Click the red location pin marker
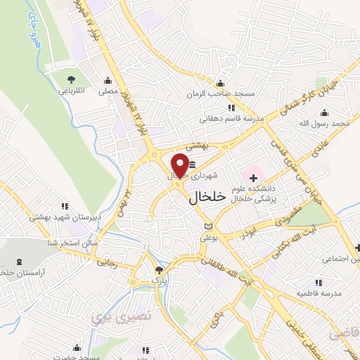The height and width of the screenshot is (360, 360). point(180,166)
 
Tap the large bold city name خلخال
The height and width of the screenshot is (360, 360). point(208,198)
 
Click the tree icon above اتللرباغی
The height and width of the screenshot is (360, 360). point(71,78)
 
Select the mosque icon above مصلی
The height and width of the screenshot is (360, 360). point(108,79)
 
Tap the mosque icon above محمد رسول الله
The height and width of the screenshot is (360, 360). point(324,112)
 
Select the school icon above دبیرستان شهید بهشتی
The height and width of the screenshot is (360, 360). point(65,207)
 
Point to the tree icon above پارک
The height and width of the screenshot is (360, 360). point(160,270)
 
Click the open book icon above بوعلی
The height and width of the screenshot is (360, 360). point(208,226)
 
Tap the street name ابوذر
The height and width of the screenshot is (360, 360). point(245,233)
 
